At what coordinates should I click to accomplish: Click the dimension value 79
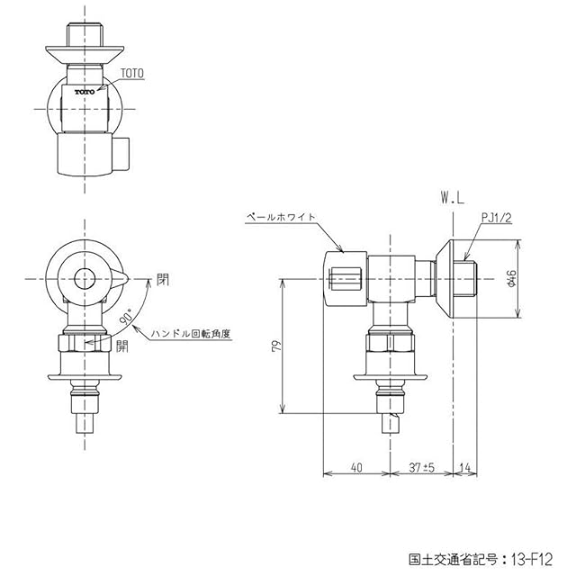277,346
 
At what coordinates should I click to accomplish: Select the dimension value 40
356,468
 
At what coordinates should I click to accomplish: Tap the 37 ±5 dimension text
422,468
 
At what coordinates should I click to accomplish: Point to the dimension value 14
465,468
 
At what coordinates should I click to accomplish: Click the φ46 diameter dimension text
511,279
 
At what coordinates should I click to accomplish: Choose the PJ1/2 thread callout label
496,218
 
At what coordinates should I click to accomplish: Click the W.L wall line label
453,199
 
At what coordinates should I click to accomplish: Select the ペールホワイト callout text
282,217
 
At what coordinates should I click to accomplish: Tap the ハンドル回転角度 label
191,334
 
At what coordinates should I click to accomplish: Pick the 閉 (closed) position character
163,280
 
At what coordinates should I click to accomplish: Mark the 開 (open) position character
122,346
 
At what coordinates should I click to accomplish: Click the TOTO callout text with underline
132,74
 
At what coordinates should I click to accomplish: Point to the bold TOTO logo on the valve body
85,92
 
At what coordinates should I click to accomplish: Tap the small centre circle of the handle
85,279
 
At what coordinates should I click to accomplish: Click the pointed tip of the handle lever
129,279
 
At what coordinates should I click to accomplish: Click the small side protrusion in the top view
121,153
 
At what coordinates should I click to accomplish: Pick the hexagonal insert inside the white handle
346,279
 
